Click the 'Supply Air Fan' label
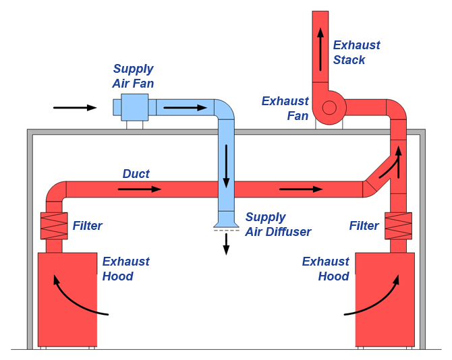pos(133,76)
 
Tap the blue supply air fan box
pos(135,107)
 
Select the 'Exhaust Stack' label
pos(357,53)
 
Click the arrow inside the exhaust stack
pos(320,49)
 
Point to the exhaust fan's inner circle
pos(329,108)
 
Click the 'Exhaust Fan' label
pos(285,109)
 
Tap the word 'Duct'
pos(136,174)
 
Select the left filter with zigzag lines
pos(54,226)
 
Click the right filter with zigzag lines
pos(398,226)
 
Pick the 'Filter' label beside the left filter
pos(87,226)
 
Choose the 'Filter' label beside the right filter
pos(364,226)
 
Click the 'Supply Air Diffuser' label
pos(278,224)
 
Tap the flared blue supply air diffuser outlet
pos(226,221)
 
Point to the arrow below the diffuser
pos(226,244)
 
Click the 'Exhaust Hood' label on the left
pos(126,269)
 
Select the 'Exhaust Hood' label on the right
pos(326,269)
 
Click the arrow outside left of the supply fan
pos(75,108)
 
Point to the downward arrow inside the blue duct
pos(226,167)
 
